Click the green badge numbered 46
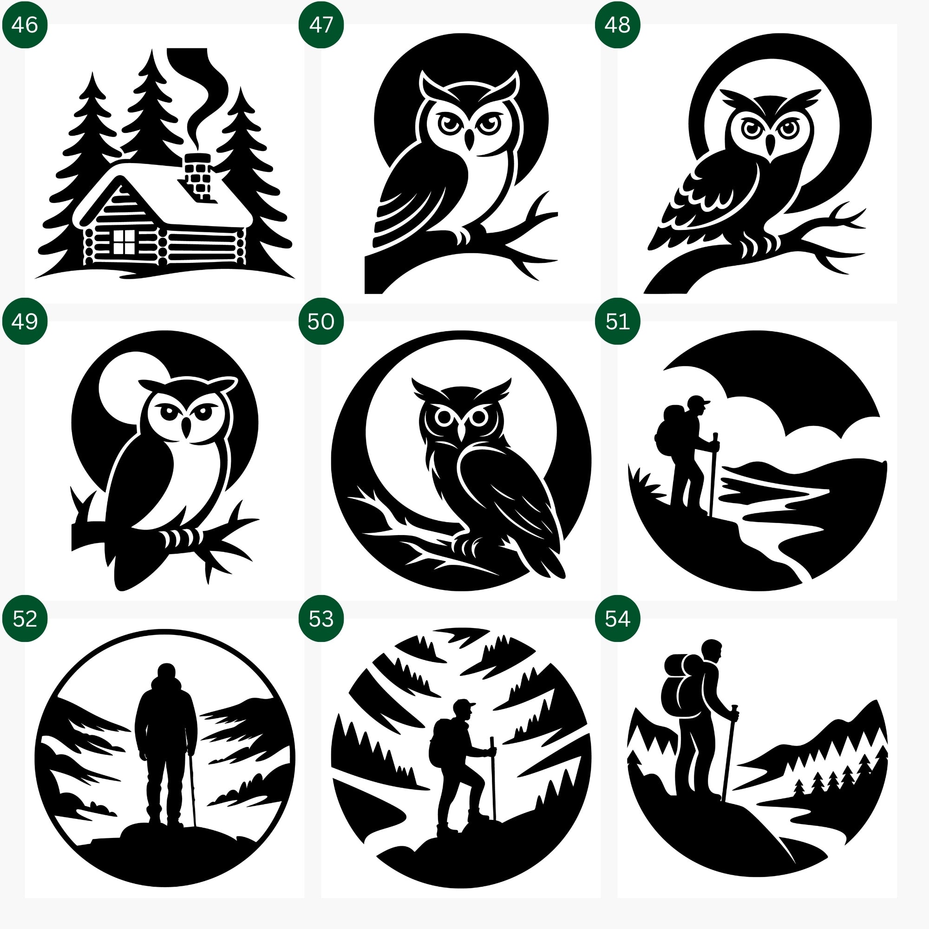coord(25,25)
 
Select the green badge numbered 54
coord(617,618)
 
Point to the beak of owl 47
coord(469,140)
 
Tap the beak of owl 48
coord(770,145)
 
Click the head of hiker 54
coord(711,650)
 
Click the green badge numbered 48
coord(617,25)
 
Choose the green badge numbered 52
coord(25,618)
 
